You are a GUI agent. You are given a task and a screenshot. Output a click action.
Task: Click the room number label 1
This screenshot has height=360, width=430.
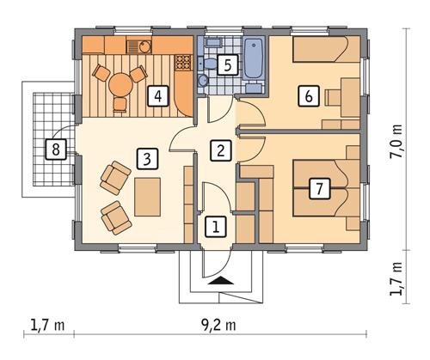(216, 227)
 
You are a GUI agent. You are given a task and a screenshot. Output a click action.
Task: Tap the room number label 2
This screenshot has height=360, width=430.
(221, 151)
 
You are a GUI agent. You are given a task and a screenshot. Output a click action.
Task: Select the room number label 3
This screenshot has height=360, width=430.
(148, 158)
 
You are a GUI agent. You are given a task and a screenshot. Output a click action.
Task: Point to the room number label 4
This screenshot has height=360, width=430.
(157, 96)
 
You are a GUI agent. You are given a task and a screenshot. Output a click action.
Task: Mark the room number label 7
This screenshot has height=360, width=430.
(319, 188)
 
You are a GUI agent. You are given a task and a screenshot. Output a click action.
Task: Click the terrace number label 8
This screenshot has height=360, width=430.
(56, 150)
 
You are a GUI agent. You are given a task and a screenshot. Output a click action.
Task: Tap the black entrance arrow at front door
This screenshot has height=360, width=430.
(219, 279)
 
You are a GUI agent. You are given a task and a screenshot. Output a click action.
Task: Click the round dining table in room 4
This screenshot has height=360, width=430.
(122, 83)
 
